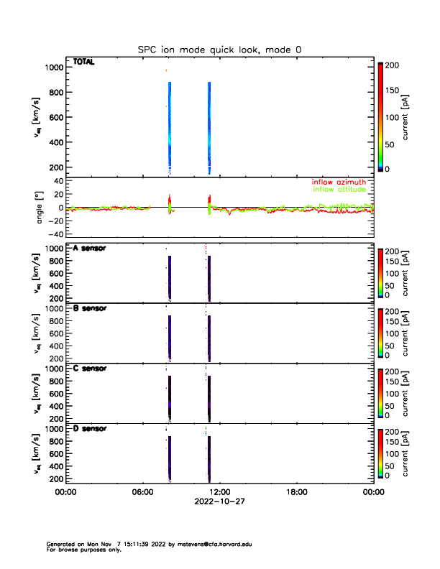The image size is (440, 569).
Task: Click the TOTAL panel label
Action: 83,63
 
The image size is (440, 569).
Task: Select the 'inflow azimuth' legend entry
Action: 339,182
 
